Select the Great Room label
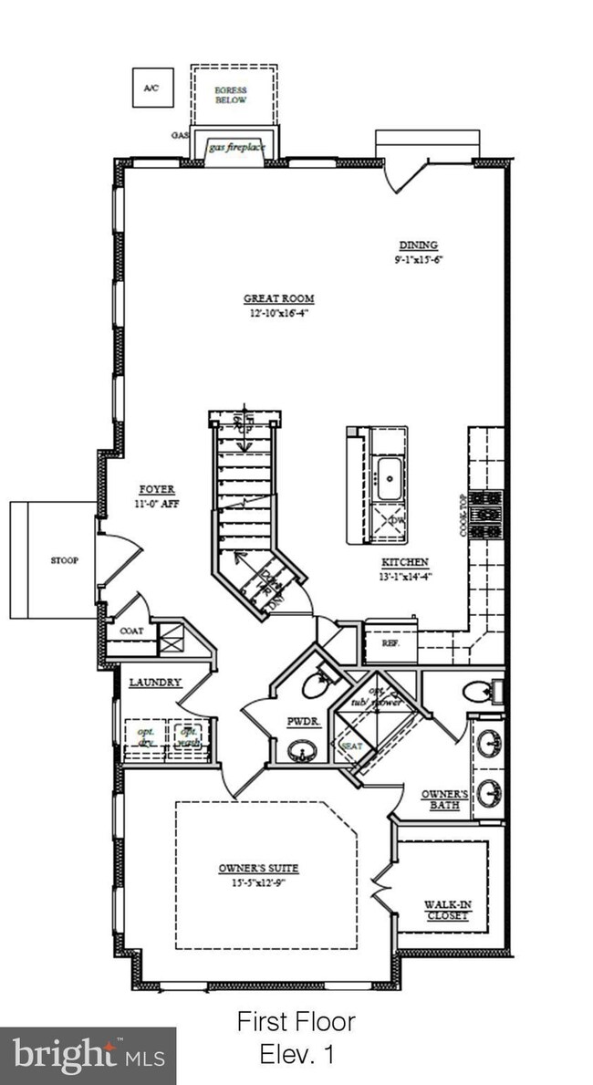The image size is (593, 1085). tap(278, 298)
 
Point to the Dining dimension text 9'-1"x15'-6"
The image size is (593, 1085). tap(418, 260)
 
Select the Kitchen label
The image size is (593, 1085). tap(406, 562)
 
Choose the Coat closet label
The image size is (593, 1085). tap(131, 631)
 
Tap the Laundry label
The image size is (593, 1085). tap(154, 682)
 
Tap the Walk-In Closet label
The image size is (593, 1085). tap(446, 910)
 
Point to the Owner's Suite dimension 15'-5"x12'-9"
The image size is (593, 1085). tap(258, 882)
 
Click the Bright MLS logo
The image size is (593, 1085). tap(88, 1056)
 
